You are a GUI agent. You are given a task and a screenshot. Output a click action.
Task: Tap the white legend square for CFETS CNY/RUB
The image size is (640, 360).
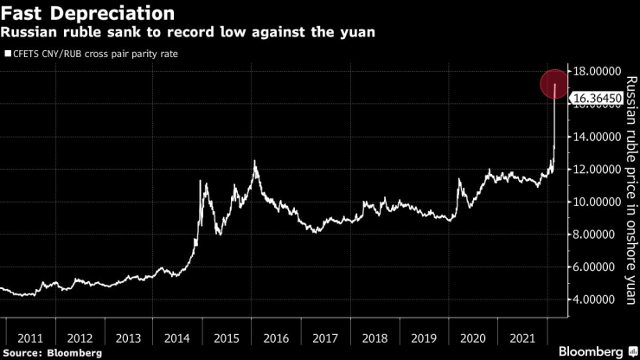point(8,55)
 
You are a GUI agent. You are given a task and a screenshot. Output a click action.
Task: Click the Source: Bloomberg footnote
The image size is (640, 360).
point(52,353)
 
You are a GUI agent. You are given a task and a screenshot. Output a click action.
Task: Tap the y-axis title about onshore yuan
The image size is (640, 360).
point(630,190)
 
